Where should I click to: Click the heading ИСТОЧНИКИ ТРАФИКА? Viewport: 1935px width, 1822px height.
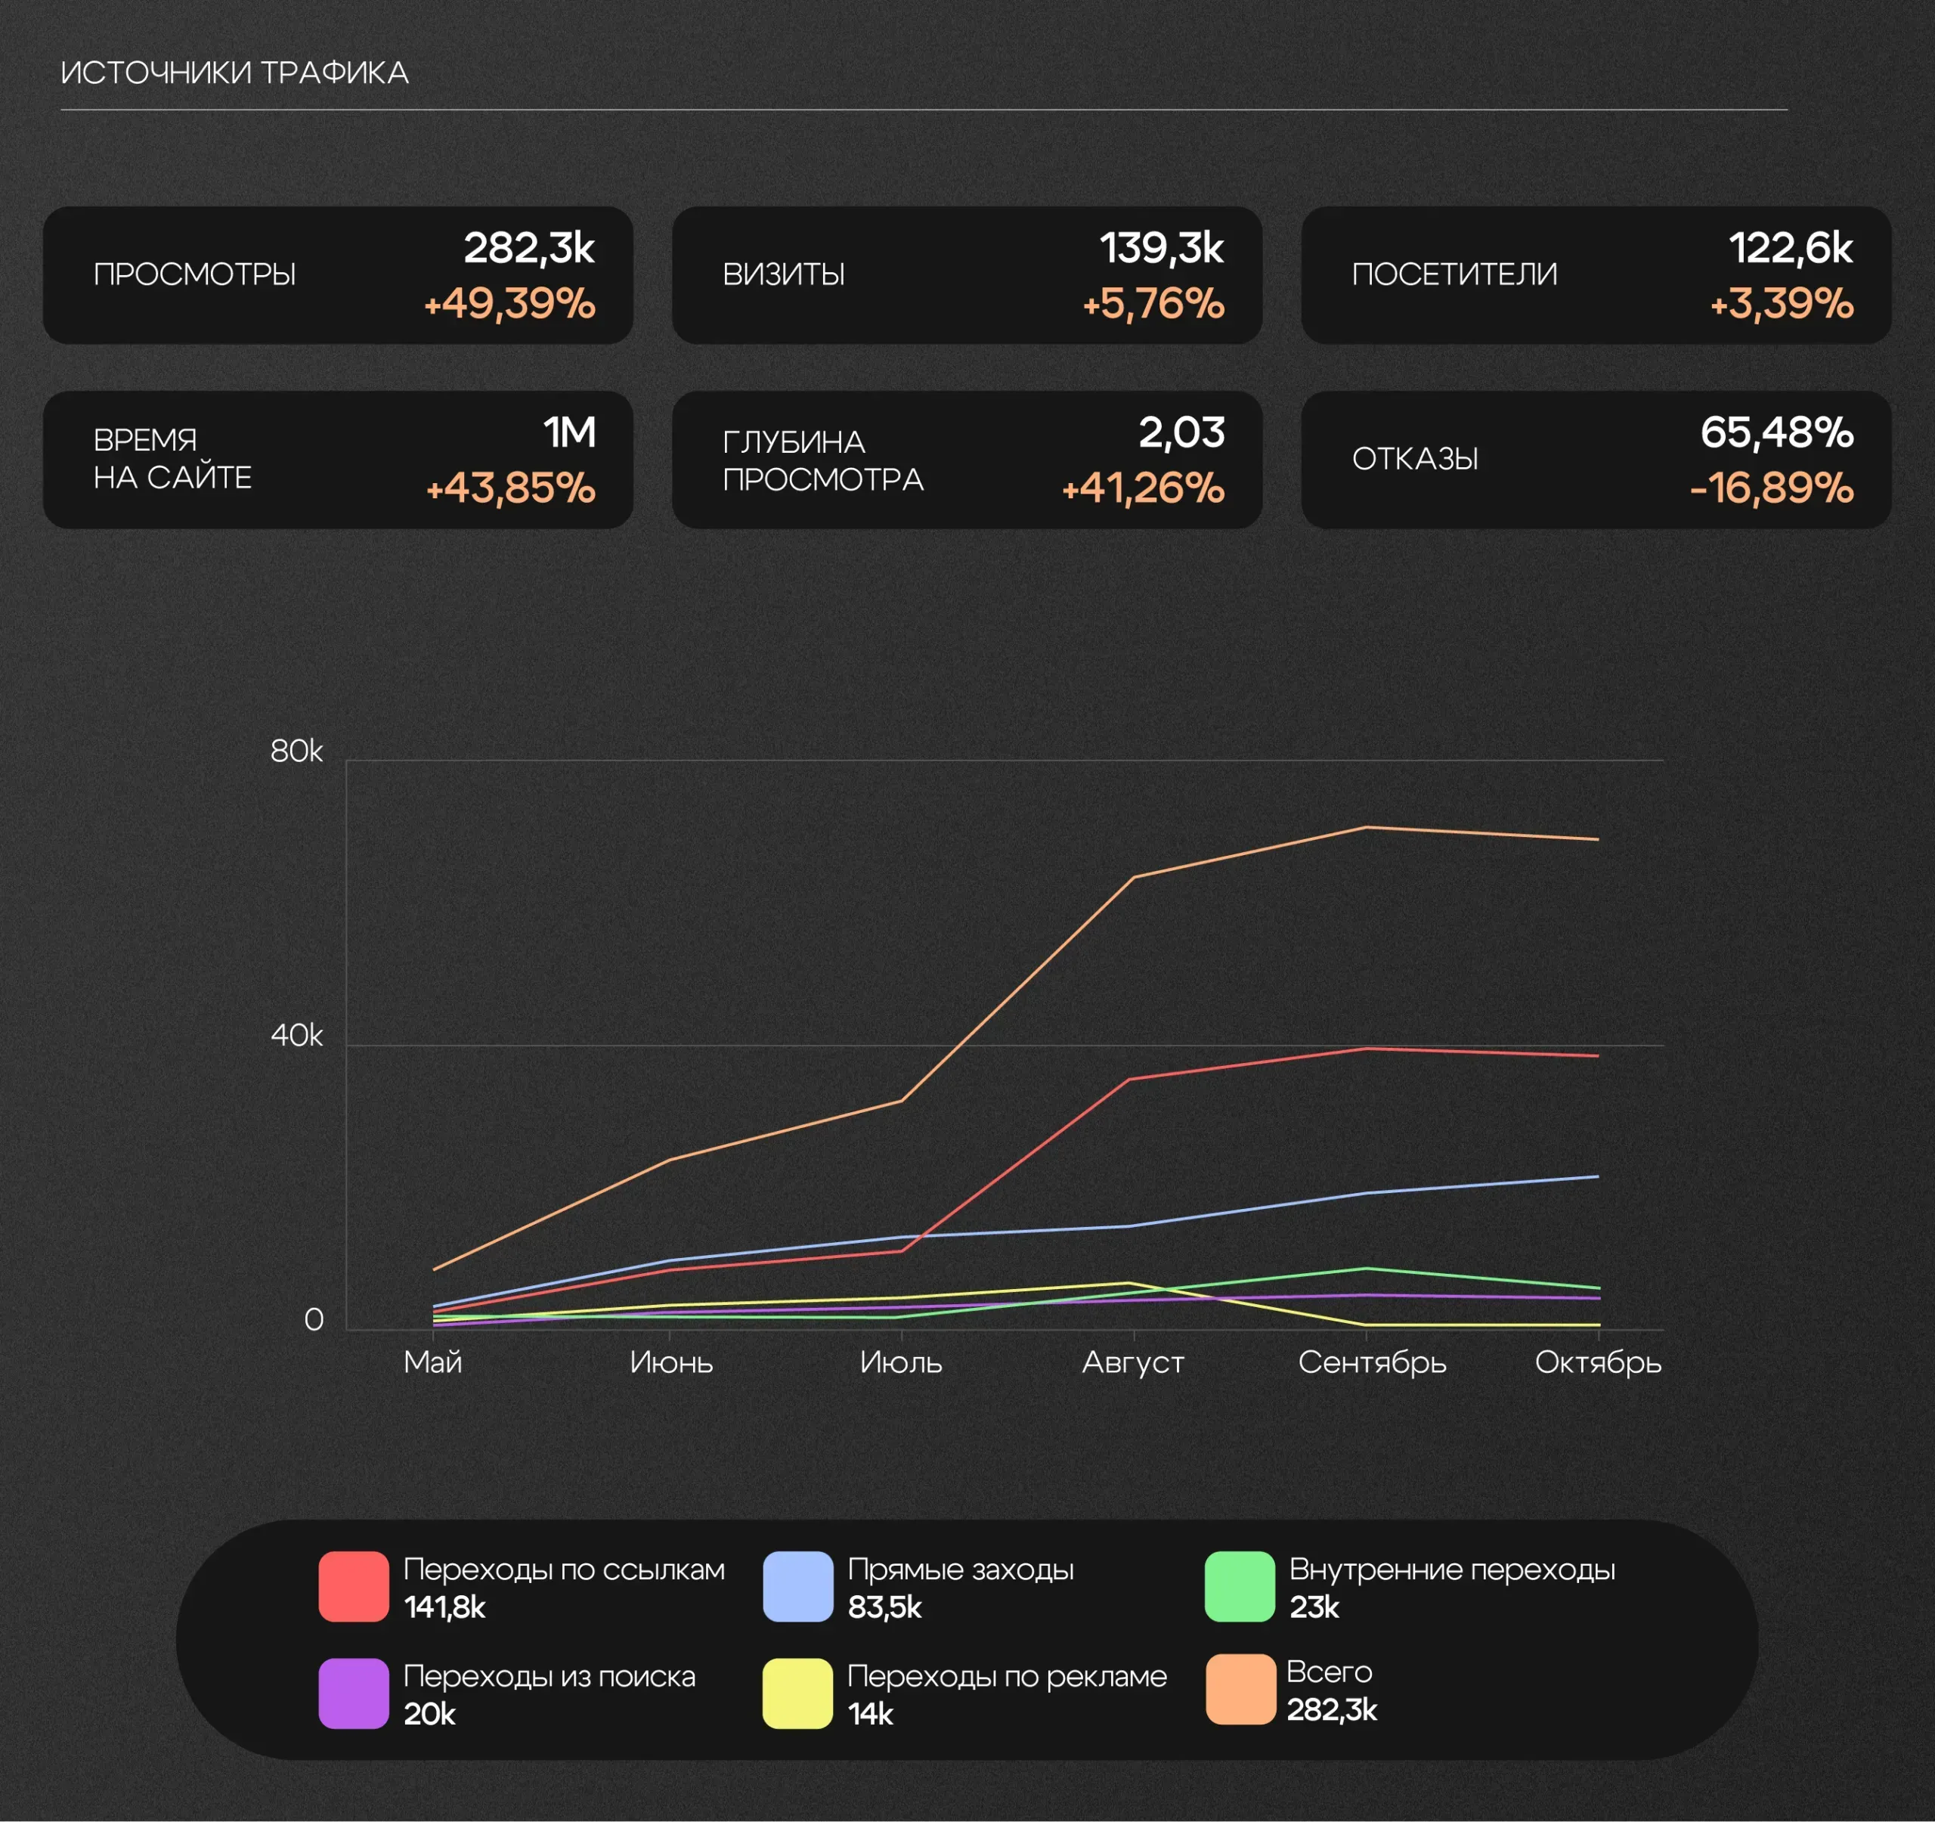(234, 73)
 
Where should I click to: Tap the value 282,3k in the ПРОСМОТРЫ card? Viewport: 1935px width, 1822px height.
(528, 248)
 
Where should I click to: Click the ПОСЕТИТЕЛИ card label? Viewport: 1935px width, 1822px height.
(1454, 274)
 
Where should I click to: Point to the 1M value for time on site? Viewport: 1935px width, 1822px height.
(569, 433)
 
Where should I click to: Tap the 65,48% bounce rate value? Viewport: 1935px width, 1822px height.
(1776, 433)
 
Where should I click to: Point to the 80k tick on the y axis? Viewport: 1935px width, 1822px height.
(296, 751)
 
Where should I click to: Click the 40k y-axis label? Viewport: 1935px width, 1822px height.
(296, 1036)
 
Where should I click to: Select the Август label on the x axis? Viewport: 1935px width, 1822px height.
(1133, 1362)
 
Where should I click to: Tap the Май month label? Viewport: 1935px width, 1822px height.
(433, 1362)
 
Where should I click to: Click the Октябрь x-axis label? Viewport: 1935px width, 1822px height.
(1598, 1362)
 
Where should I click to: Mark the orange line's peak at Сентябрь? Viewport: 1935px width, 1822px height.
(1366, 827)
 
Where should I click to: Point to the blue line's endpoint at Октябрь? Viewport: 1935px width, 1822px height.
(1597, 1176)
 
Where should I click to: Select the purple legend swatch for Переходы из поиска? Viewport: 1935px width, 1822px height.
(353, 1694)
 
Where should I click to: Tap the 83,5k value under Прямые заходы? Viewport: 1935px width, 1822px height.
(884, 1607)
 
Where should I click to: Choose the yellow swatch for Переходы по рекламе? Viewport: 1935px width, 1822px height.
(797, 1694)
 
